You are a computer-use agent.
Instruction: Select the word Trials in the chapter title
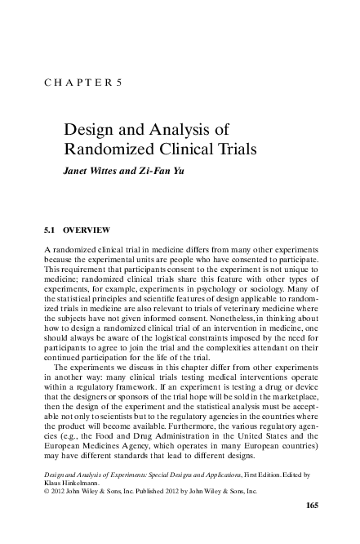tap(236, 149)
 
